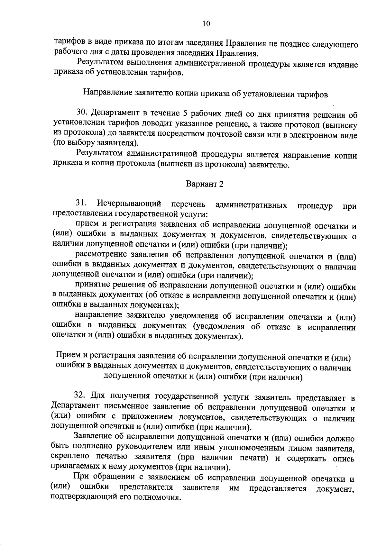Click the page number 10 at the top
206,23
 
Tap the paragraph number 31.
82,203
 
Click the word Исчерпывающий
129,204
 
